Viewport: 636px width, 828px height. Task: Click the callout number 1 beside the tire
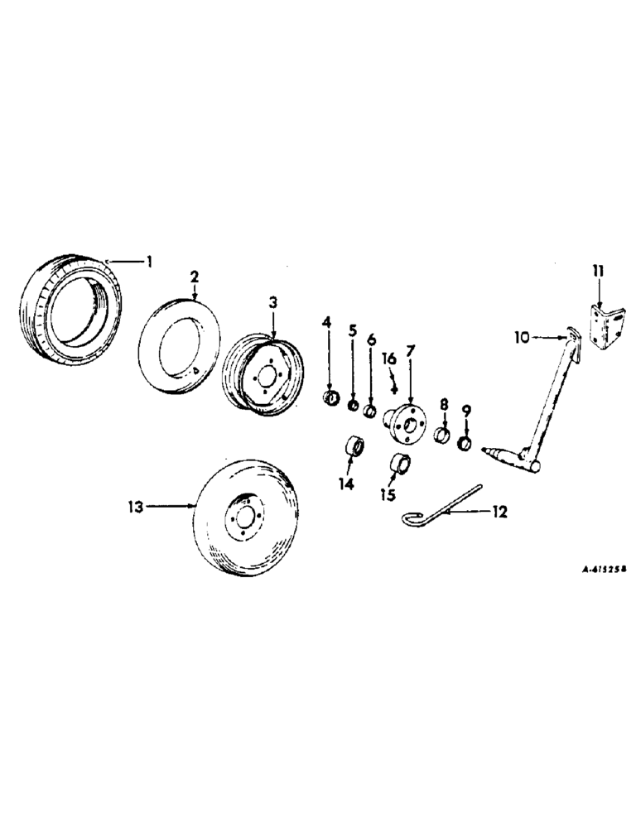coord(149,262)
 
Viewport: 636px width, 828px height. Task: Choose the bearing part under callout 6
coord(369,411)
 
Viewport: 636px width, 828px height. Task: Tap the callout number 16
coord(389,359)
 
